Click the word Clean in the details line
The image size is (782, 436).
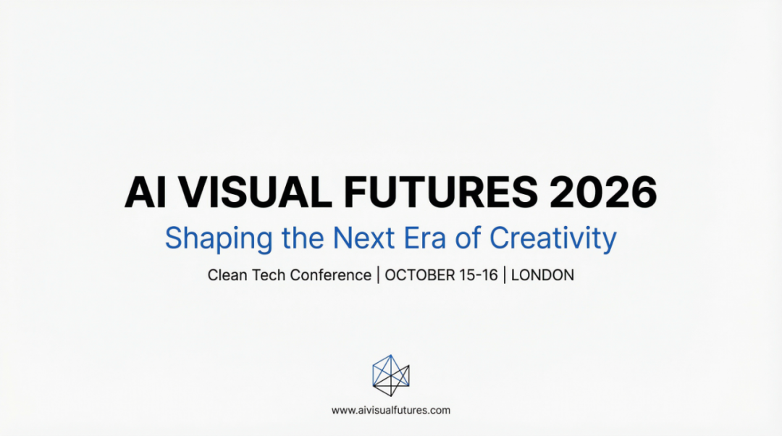pyautogui.click(x=226, y=275)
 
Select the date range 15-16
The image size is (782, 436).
pyautogui.click(x=477, y=275)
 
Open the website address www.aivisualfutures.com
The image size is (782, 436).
pyautogui.click(x=391, y=410)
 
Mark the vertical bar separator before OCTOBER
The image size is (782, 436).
pyautogui.click(x=378, y=275)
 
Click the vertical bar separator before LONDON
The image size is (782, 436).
pyautogui.click(x=505, y=275)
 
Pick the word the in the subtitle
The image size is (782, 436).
pyautogui.click(x=305, y=238)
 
